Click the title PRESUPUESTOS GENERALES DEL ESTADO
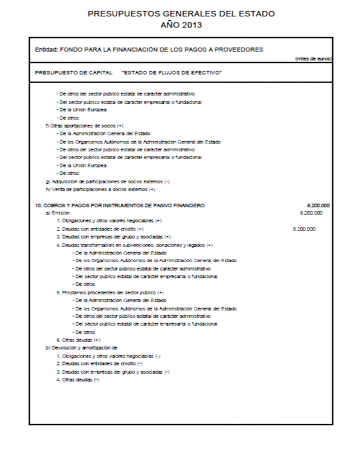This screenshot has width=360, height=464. (181, 13)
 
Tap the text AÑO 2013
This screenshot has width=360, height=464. (181, 25)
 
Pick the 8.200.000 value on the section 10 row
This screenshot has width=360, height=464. (318, 205)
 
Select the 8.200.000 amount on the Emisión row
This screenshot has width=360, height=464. (312, 213)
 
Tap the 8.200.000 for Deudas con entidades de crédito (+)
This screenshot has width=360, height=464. (304, 229)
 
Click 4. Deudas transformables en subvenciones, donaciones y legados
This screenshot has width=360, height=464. (135, 245)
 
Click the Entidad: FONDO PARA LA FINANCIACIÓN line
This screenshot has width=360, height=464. (149, 49)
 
